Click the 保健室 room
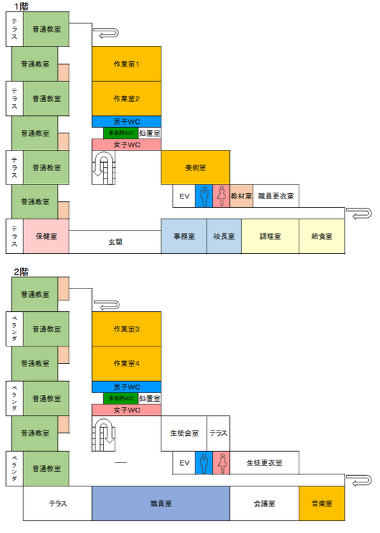[x=46, y=237]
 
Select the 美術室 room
[x=195, y=167]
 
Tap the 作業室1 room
[x=126, y=64]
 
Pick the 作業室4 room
[x=126, y=363]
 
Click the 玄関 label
[x=115, y=242]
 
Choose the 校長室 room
[x=224, y=237]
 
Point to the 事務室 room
[x=184, y=237]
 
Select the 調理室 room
[x=270, y=237]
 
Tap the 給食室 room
[x=322, y=237]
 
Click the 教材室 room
[x=241, y=196]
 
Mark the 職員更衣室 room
[x=276, y=196]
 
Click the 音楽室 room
[x=322, y=504]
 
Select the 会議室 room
[x=264, y=504]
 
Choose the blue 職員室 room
[x=161, y=504]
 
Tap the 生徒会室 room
[x=184, y=433]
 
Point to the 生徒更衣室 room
[x=264, y=462]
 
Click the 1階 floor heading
[x=21, y=6]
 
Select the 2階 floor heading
[x=21, y=272]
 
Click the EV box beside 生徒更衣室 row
[x=184, y=462]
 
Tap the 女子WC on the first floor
[x=126, y=145]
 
